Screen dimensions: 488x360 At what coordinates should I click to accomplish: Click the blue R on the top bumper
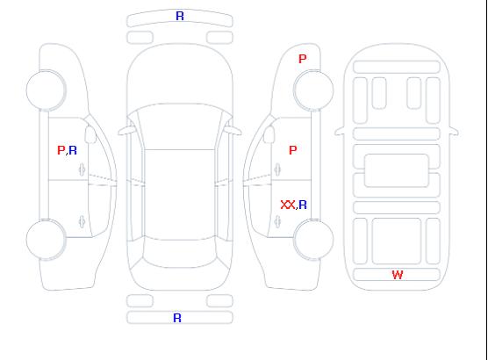(180, 16)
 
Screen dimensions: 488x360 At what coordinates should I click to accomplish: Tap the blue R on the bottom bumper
(177, 318)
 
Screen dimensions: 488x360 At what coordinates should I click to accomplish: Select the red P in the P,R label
(61, 150)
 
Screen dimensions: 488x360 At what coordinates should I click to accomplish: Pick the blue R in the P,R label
(73, 150)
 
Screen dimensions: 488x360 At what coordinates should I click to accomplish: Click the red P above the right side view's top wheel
(303, 59)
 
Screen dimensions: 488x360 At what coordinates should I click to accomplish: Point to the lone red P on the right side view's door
(293, 150)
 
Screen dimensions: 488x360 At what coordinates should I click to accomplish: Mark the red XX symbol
(288, 205)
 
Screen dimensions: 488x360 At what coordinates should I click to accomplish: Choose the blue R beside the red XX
(303, 205)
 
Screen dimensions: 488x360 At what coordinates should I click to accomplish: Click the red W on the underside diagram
(398, 275)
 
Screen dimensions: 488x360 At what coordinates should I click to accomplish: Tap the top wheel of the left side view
(46, 90)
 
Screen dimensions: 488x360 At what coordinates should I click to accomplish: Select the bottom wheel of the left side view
(46, 240)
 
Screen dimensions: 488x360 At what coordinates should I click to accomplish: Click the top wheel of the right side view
(313, 90)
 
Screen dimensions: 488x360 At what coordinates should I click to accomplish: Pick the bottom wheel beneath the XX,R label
(313, 240)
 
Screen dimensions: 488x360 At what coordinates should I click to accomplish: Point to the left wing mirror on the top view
(126, 131)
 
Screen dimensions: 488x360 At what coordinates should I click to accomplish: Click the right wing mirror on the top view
(233, 131)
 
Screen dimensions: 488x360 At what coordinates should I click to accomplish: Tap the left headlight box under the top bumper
(140, 38)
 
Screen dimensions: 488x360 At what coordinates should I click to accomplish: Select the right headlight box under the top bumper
(219, 38)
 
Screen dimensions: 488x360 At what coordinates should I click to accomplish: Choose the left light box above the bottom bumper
(140, 301)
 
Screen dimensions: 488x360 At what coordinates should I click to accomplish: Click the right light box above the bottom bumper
(219, 301)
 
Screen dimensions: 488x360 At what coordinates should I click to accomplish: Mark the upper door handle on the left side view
(83, 169)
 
